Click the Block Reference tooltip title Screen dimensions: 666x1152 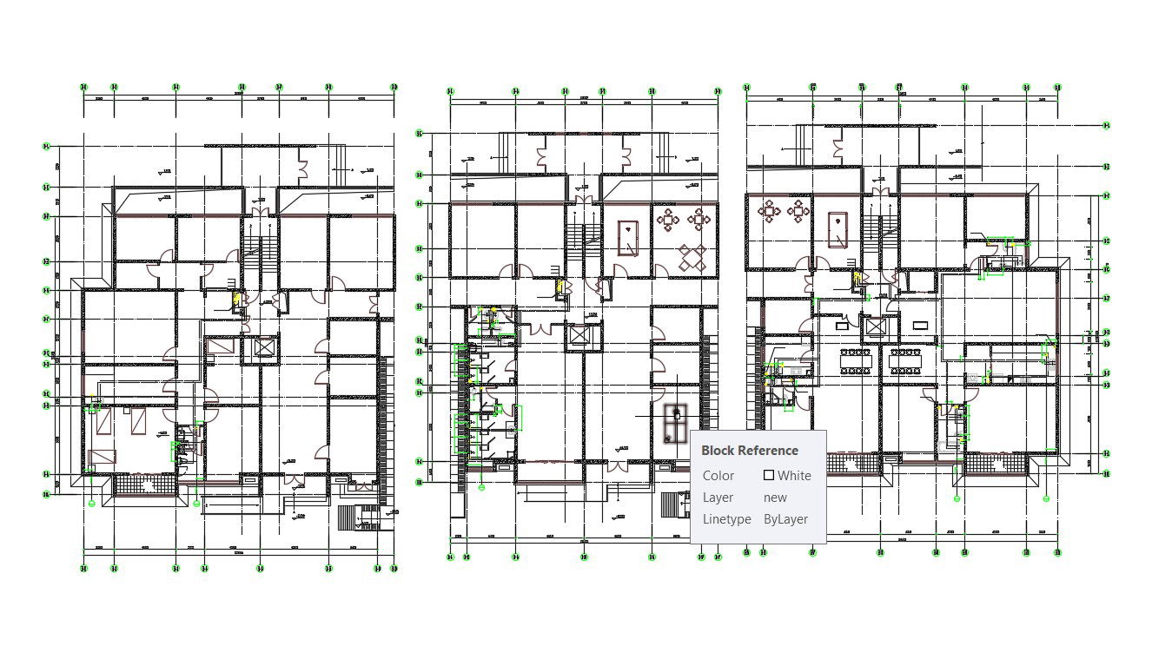pyautogui.click(x=749, y=451)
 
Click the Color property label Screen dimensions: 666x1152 pyautogui.click(x=718, y=476)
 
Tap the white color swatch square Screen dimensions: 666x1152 pyautogui.click(x=768, y=475)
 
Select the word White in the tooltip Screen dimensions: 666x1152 pyautogui.click(x=794, y=476)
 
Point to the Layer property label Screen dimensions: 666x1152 pyautogui.click(x=718, y=498)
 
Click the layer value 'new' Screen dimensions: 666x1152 pyautogui.click(x=775, y=498)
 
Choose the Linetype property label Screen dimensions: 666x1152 pyautogui.click(x=726, y=519)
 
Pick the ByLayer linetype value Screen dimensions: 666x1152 pyautogui.click(x=785, y=519)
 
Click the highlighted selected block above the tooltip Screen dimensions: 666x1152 pyautogui.click(x=675, y=423)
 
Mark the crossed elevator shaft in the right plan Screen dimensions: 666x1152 pyautogui.click(x=875, y=327)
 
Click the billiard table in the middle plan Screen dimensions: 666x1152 pyautogui.click(x=627, y=238)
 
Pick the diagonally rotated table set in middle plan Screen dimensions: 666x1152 pyautogui.click(x=692, y=257)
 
